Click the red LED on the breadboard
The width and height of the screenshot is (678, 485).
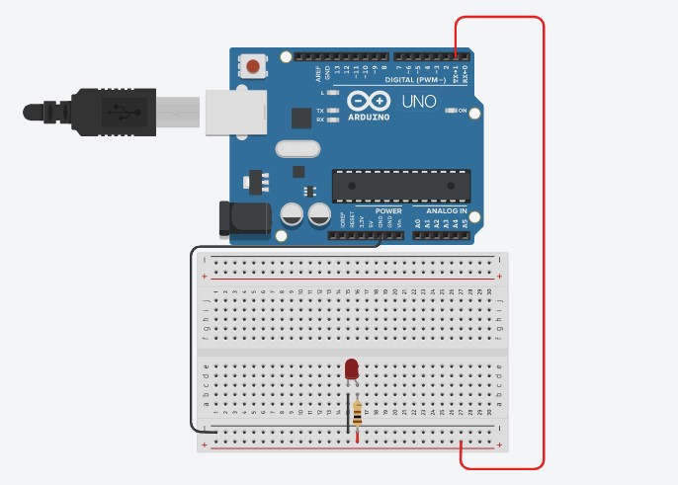tap(351, 369)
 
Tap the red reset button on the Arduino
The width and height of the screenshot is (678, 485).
tap(254, 67)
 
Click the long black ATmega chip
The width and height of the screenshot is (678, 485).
tap(398, 185)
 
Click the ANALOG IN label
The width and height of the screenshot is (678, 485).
tap(447, 211)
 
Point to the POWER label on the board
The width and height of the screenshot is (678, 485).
tap(388, 211)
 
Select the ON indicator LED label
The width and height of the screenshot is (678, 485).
tap(462, 111)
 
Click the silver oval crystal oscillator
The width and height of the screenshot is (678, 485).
tap(298, 150)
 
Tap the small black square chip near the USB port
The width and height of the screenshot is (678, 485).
tap(301, 119)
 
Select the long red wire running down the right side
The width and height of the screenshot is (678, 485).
tap(543, 247)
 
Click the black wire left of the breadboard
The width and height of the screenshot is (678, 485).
tap(189, 336)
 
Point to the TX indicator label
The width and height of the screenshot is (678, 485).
tap(320, 111)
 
